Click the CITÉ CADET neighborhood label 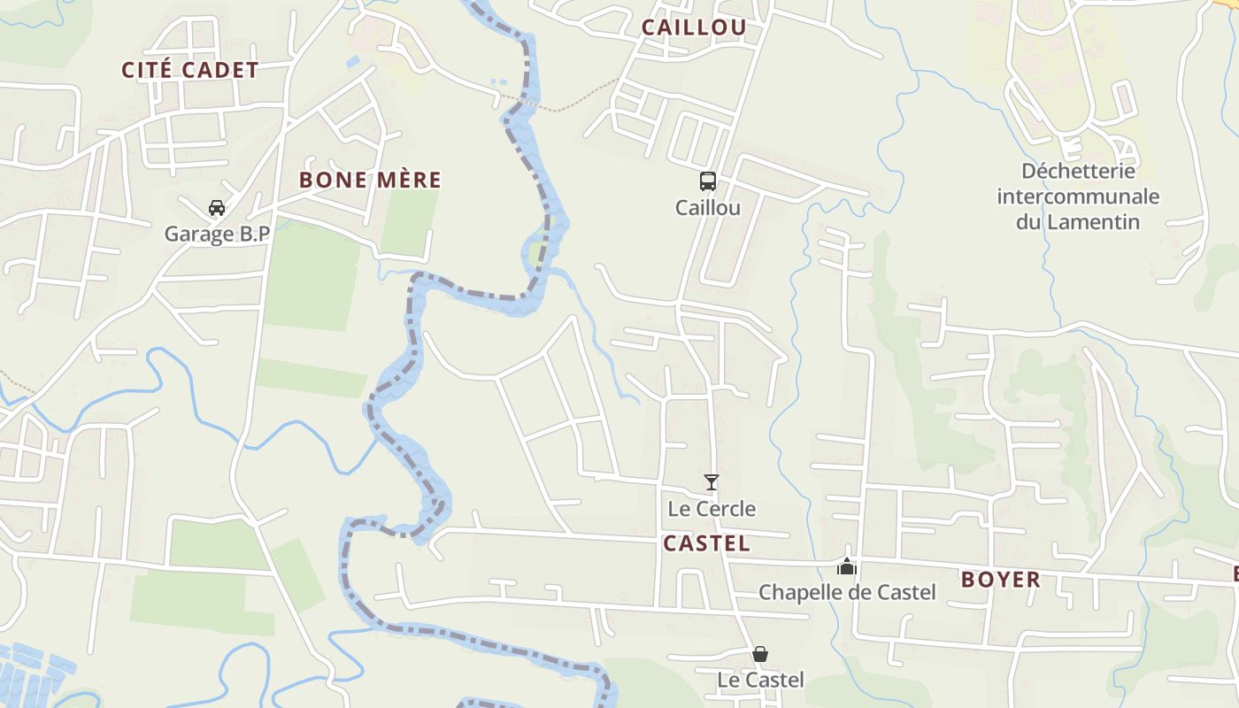[190, 70]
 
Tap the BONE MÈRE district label [370, 180]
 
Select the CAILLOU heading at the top [694, 27]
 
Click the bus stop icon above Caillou [708, 181]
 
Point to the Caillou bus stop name [708, 208]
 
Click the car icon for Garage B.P [217, 208]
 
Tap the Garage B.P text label [217, 235]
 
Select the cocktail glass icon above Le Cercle [712, 482]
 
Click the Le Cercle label [712, 509]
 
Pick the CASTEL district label [706, 543]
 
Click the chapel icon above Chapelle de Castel [847, 566]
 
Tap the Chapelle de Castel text [847, 592]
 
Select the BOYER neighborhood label [1001, 580]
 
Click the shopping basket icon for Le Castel [760, 654]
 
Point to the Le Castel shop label [760, 680]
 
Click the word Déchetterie [1078, 170]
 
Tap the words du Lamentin [1078, 221]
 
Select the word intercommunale [1078, 196]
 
